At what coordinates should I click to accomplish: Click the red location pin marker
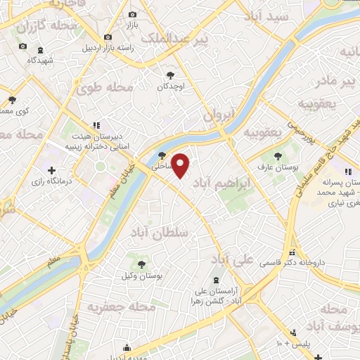click(181, 165)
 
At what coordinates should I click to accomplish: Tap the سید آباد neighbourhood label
click(262, 15)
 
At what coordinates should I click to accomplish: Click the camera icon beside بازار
click(132, 14)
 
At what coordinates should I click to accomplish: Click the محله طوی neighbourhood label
click(107, 88)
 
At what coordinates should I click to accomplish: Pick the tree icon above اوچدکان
click(170, 75)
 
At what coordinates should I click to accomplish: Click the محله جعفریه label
click(117, 307)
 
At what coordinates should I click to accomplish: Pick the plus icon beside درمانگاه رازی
click(51, 170)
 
